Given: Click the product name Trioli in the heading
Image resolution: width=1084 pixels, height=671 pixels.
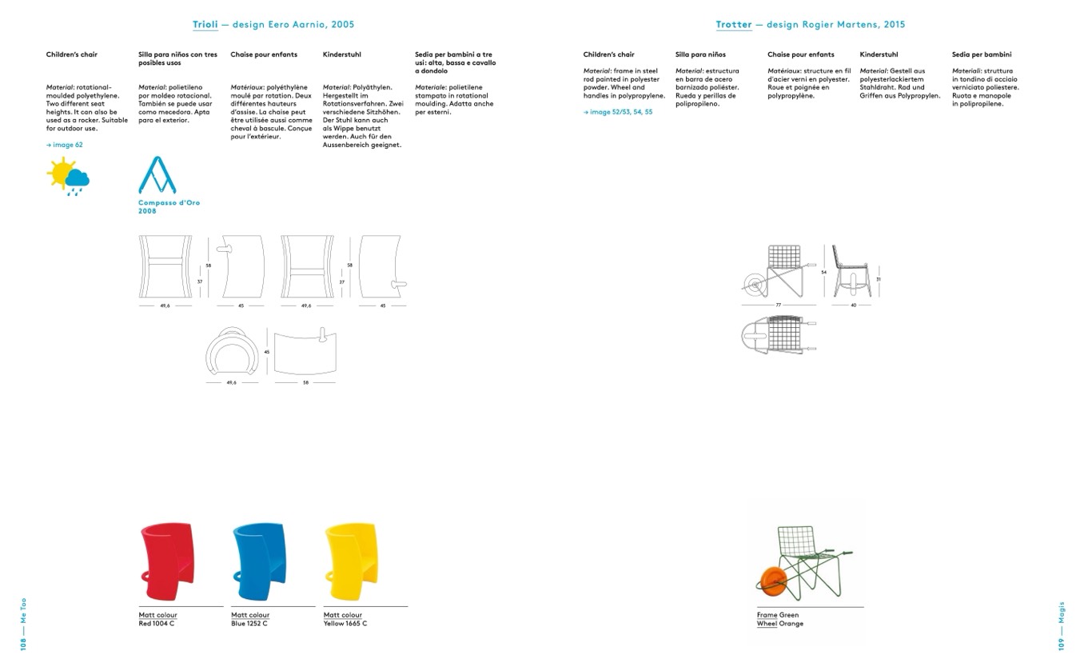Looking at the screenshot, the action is coord(205,25).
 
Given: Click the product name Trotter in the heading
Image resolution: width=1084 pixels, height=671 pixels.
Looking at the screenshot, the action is coord(734,25).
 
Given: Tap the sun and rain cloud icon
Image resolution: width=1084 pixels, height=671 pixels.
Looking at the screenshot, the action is coord(68,176).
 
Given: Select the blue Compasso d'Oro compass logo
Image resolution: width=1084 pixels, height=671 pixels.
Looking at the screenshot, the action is coord(157,175).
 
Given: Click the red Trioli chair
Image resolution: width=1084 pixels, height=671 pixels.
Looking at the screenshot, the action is coord(167,561).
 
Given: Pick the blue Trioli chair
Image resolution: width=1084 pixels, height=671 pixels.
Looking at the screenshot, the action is coord(259,561).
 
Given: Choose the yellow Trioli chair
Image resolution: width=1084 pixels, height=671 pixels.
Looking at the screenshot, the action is coord(351,561).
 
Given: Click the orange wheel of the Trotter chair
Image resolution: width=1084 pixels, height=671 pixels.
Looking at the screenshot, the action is coord(772,582).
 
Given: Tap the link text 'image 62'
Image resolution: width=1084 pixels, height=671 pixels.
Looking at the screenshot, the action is coord(67,145).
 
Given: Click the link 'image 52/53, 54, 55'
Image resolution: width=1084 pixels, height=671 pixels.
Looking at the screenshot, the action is coord(621,112).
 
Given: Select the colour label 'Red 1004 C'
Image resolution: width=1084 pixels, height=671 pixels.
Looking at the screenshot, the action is coord(157,624).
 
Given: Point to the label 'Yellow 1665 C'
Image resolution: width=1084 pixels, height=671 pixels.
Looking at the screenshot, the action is coord(345,624).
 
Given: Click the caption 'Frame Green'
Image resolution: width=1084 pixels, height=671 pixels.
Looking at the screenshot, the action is coord(778,615).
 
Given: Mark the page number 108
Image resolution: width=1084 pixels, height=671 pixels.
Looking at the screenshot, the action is coord(23,645).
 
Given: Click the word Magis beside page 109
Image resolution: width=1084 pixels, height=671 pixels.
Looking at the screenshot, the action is coord(1062,613).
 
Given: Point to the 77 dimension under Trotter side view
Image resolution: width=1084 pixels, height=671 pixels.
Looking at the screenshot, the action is coord(778,305).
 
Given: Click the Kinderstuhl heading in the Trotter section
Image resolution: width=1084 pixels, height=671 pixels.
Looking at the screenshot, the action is coord(879,54).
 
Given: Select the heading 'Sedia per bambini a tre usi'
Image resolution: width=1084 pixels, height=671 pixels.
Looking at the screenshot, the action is coord(456,58).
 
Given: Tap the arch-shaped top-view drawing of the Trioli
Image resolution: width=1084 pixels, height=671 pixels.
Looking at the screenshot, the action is coord(232,351).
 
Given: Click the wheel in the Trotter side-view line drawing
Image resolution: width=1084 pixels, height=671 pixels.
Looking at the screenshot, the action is coord(755,286).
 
